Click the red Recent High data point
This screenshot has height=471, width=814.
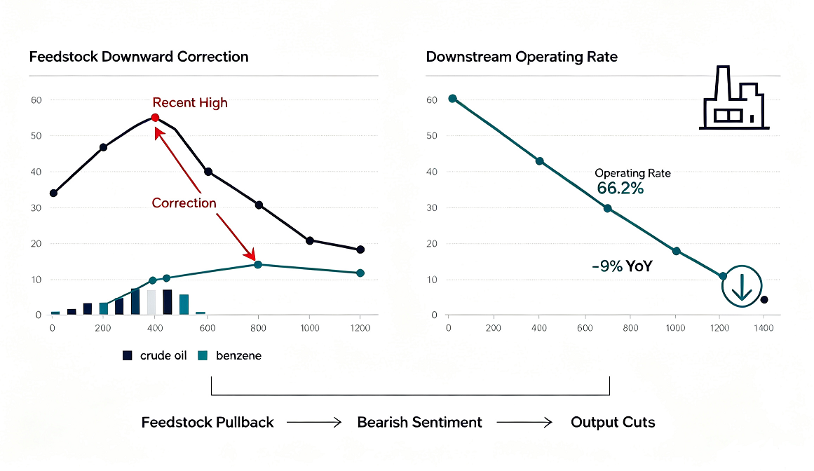(155, 118)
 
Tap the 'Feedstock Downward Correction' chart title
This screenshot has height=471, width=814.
(139, 57)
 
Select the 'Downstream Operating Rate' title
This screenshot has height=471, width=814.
(522, 57)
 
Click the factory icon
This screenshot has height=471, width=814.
(734, 97)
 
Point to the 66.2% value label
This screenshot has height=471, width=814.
(620, 189)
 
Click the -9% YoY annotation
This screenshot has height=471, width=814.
(622, 266)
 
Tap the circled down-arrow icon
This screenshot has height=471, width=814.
(742, 286)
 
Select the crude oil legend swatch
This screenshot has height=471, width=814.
(127, 355)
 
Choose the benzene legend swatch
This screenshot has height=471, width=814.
(203, 355)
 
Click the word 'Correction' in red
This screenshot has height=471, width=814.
(184, 203)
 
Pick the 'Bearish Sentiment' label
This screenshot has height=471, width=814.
(419, 422)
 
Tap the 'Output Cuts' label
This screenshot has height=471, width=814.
(613, 422)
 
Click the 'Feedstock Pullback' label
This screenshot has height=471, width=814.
(207, 422)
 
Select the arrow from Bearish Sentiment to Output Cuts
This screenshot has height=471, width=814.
(524, 422)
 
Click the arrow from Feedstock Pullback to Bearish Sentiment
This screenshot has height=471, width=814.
(314, 422)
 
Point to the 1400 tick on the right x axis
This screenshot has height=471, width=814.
(764, 328)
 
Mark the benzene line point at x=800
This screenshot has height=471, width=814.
(258, 264)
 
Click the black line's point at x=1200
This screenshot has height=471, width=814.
(360, 250)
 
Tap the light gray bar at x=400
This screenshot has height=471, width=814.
(151, 302)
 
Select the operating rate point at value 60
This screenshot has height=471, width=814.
(453, 99)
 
